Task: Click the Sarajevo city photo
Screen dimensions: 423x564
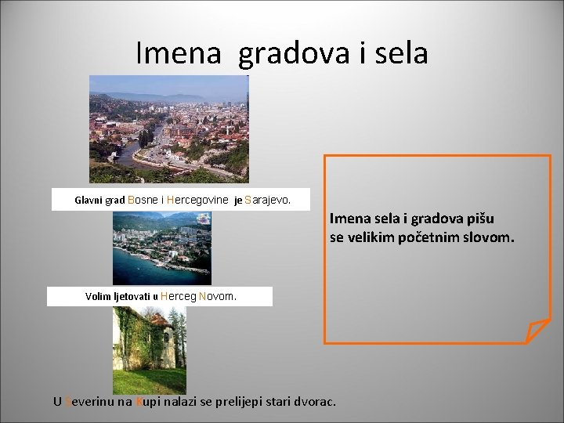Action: point(168,128)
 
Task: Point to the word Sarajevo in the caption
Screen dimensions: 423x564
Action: point(267,200)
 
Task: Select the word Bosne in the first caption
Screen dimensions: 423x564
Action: point(143,200)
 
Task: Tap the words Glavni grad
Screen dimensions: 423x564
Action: point(99,200)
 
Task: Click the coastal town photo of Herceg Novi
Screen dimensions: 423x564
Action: point(161,248)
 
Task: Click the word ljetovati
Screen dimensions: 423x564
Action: point(132,297)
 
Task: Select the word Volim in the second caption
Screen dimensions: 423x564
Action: point(97,297)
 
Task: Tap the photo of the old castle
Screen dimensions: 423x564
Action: point(149,349)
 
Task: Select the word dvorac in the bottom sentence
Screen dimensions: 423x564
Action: point(316,402)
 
